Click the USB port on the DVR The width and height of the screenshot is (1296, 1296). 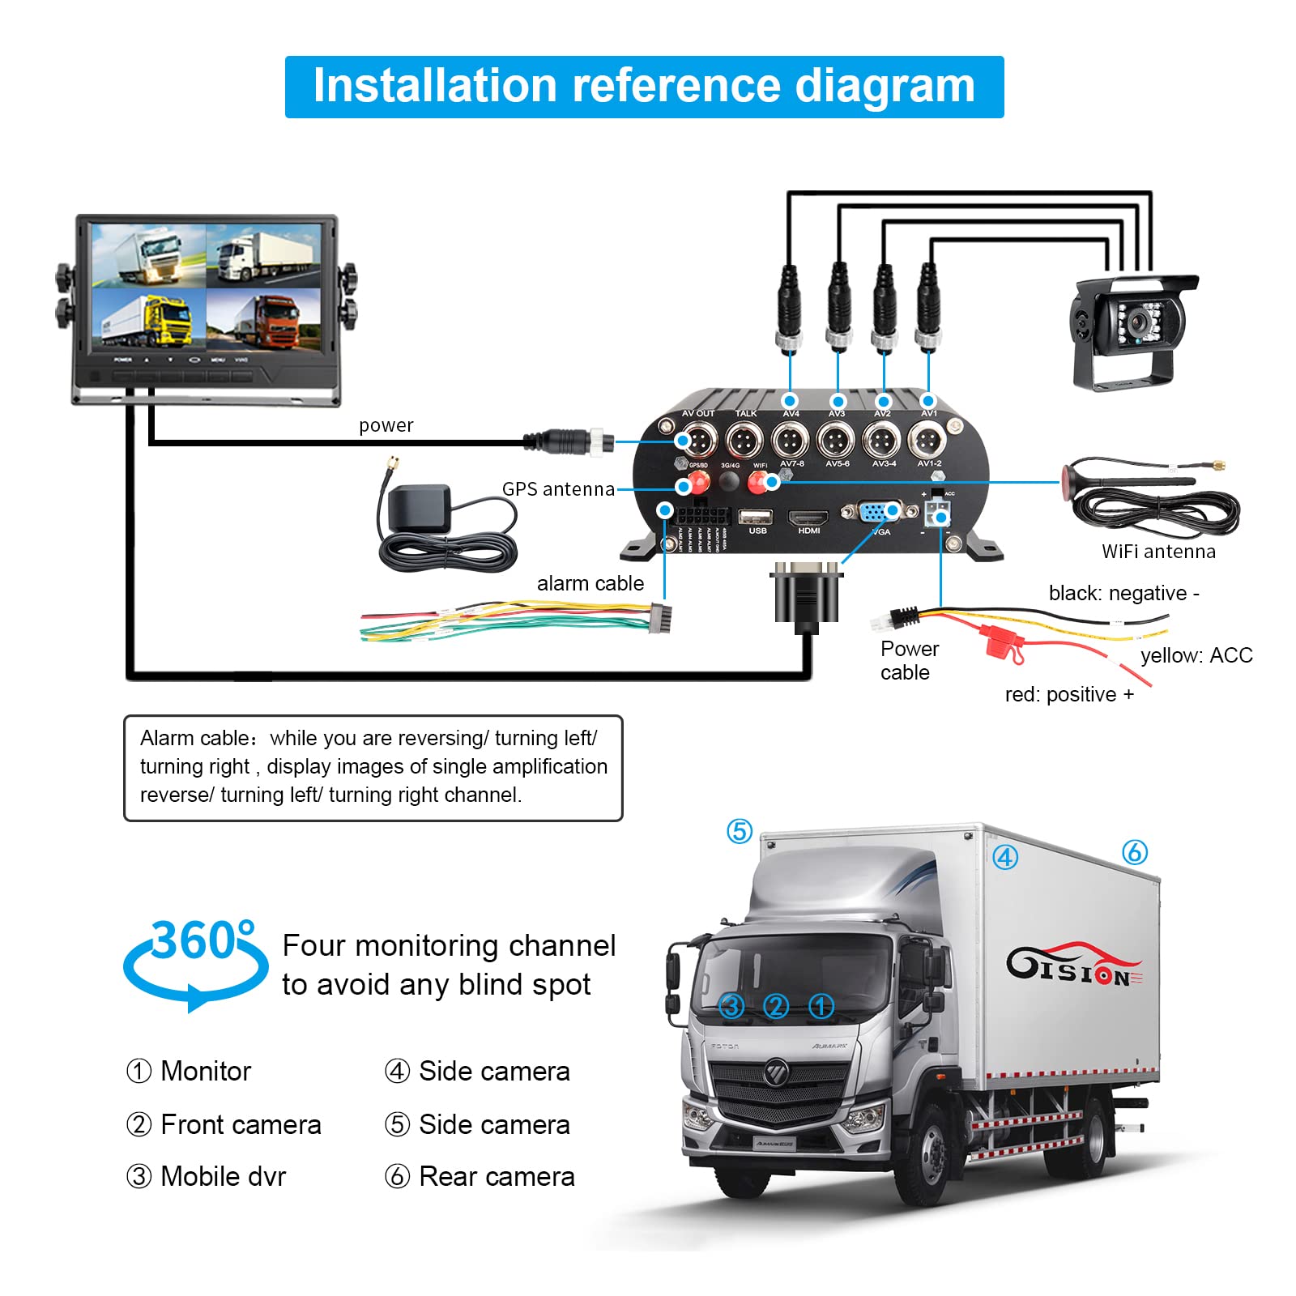(x=755, y=517)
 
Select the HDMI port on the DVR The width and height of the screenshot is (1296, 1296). (x=808, y=518)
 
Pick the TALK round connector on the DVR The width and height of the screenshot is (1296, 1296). (x=744, y=441)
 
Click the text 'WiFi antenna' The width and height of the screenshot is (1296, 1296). (x=1158, y=552)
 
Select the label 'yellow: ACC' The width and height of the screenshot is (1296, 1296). (x=1196, y=655)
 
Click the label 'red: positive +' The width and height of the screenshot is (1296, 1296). (x=1069, y=694)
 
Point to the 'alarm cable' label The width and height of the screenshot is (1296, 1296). (x=590, y=583)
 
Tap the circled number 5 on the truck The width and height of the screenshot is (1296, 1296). (x=740, y=831)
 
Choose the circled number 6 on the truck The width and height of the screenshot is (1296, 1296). (x=1135, y=852)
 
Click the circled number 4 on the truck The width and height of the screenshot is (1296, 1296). (x=1005, y=857)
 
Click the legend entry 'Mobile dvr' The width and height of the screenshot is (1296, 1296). (x=223, y=1176)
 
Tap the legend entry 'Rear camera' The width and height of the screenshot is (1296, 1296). (x=496, y=1176)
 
